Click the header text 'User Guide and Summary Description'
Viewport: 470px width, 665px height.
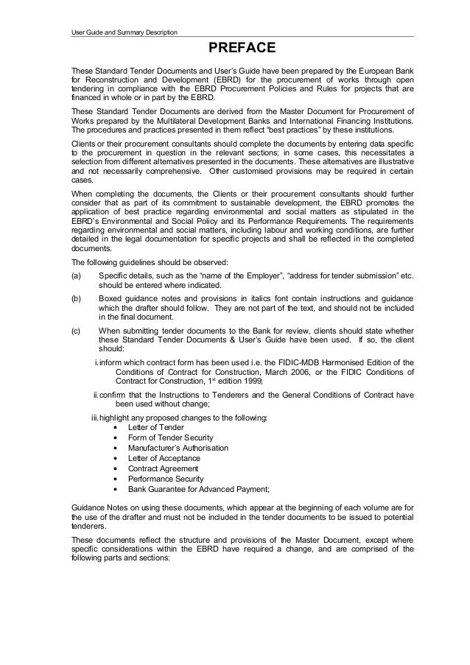pyautogui.click(x=119, y=31)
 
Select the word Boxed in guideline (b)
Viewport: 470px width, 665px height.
pyautogui.click(x=110, y=299)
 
